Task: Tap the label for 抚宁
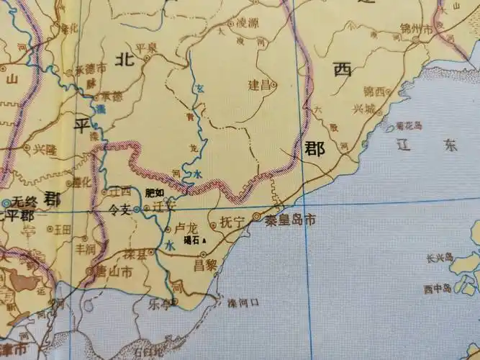point(233,221)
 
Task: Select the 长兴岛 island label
point(438,256)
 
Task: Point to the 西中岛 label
point(438,289)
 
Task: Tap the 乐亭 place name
point(160,305)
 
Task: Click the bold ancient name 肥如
point(155,192)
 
